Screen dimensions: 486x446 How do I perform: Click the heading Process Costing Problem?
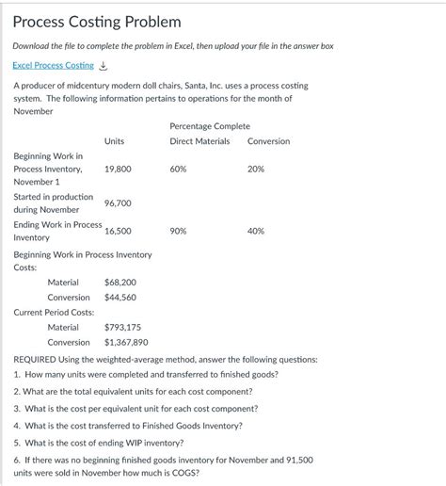tap(97, 21)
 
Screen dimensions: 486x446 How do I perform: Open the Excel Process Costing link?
tap(54, 65)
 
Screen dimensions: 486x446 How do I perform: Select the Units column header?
tap(114, 141)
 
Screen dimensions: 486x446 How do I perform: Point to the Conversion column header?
tap(268, 141)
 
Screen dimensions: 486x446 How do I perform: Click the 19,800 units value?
tap(118, 169)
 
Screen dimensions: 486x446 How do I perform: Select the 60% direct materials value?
tap(178, 169)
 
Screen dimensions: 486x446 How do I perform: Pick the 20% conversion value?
tap(255, 169)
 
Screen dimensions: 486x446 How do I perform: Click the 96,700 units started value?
tap(118, 202)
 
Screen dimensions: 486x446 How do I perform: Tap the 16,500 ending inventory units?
tap(118, 230)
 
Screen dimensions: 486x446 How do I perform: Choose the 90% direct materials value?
tap(178, 230)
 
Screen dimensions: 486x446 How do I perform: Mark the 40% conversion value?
tap(255, 230)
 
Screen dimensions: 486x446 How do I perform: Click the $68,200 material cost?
tap(120, 282)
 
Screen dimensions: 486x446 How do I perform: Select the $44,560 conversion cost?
tap(120, 297)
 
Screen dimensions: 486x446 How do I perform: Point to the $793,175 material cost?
tap(122, 327)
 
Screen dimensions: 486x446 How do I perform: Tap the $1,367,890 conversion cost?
tap(126, 342)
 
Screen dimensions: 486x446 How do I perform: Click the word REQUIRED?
tap(39, 359)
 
